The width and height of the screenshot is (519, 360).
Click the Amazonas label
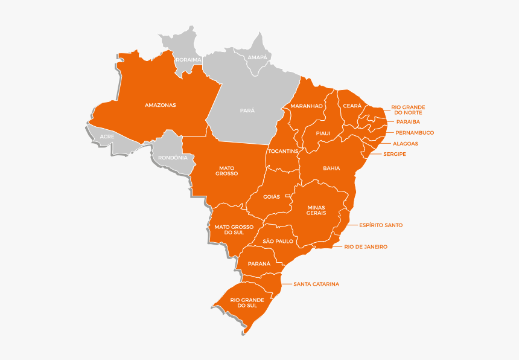pos(161,105)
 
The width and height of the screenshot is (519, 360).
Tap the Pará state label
pos(247,111)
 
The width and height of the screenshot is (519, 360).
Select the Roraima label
pos(188,60)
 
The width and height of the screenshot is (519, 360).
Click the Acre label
pos(107,137)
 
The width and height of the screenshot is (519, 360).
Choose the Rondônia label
pos(173,158)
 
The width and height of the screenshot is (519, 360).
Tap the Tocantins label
pos(283,151)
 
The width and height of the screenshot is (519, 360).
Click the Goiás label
pos(272,196)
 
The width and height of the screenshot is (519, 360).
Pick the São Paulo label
pos(278,241)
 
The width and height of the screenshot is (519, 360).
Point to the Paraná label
pos(259,264)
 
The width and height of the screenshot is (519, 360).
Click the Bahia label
pos(331,169)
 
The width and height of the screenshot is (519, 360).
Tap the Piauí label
pos(323,133)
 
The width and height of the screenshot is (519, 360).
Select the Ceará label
pos(352,106)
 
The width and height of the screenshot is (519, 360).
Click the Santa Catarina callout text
pos(316,284)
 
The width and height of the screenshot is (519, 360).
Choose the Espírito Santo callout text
pos(381,225)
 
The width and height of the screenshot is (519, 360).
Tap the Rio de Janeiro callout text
pos(366,247)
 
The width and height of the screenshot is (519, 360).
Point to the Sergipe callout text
pos(395,154)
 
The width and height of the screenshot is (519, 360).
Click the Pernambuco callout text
pos(415,133)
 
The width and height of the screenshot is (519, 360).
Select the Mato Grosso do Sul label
pos(234,230)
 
